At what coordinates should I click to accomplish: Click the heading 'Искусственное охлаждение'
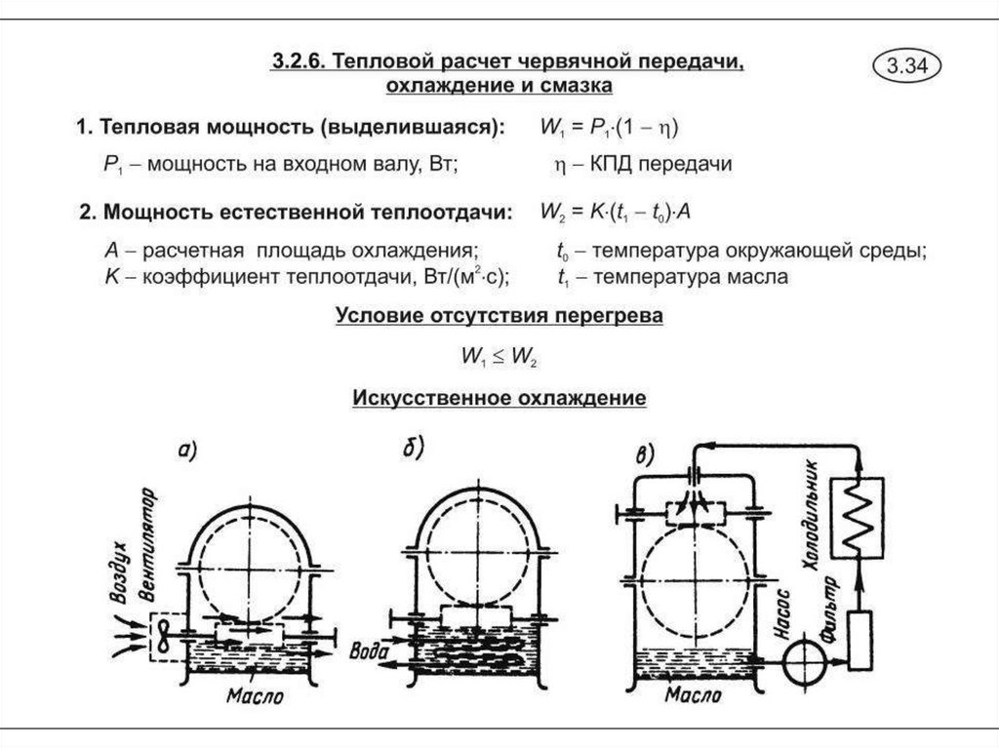pos(499,399)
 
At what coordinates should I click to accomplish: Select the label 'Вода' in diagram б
pos(373,650)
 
